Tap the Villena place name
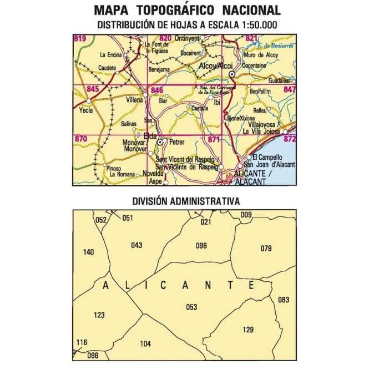[134, 100]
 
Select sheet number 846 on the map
[157, 90]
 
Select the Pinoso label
[114, 168]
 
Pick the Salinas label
[128, 123]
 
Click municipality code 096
[201, 245]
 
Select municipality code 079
[266, 248]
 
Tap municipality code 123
[99, 315]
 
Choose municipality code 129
[248, 330]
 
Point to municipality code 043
[137, 245]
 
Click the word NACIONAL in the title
[251, 11]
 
